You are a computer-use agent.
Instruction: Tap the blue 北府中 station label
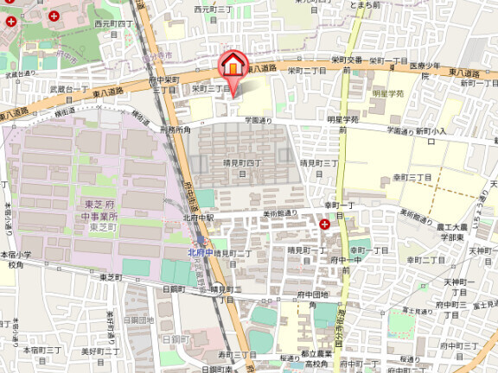201,252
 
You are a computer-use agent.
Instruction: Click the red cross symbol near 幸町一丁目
324,224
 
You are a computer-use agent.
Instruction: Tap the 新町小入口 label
429,130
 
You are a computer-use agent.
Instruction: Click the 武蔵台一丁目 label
69,89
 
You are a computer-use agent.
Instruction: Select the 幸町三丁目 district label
412,177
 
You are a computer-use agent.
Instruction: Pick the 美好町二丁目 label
98,351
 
